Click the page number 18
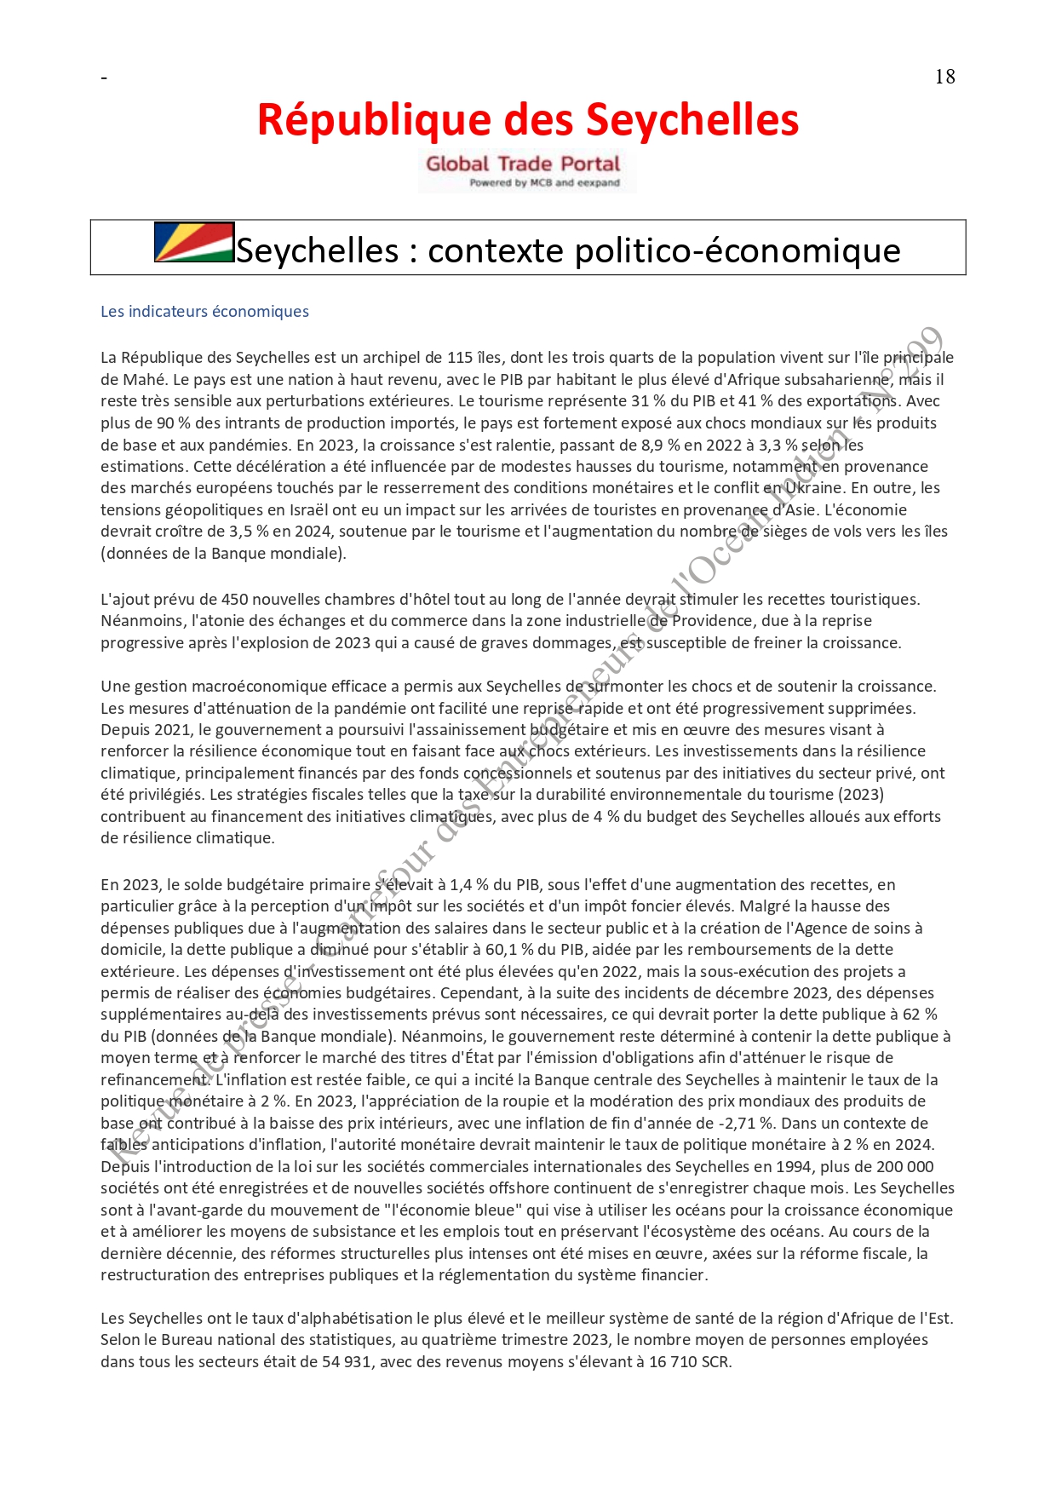tap(944, 77)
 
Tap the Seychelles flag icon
tap(194, 242)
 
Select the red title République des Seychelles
tap(528, 120)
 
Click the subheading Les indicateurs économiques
tap(204, 312)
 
